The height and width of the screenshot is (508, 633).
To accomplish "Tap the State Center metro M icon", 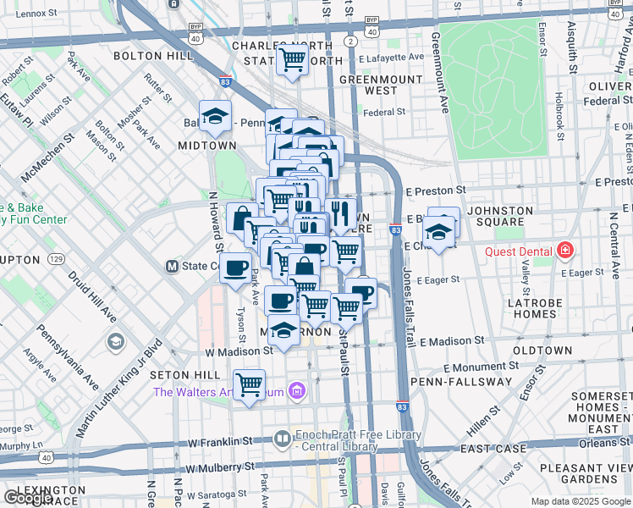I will [x=172, y=266].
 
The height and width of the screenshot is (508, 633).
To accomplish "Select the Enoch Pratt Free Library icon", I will [x=283, y=437].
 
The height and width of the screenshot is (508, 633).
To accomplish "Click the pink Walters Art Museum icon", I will [x=296, y=390].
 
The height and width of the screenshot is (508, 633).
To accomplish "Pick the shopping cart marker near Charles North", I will [x=293, y=59].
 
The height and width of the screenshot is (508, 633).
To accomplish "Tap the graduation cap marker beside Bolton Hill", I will [x=215, y=116].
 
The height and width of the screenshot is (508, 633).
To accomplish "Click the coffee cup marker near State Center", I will [x=235, y=268].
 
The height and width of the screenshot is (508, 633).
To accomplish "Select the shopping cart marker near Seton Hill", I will [x=249, y=384].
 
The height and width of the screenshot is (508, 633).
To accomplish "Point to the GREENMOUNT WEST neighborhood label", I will [x=368, y=85].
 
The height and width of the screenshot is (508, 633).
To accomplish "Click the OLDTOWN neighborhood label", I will [x=542, y=350].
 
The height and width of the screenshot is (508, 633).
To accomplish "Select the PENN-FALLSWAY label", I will [x=461, y=382].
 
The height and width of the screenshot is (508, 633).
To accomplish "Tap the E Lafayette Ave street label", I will [x=391, y=57].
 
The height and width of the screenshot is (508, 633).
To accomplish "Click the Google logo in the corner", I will [x=27, y=498].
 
